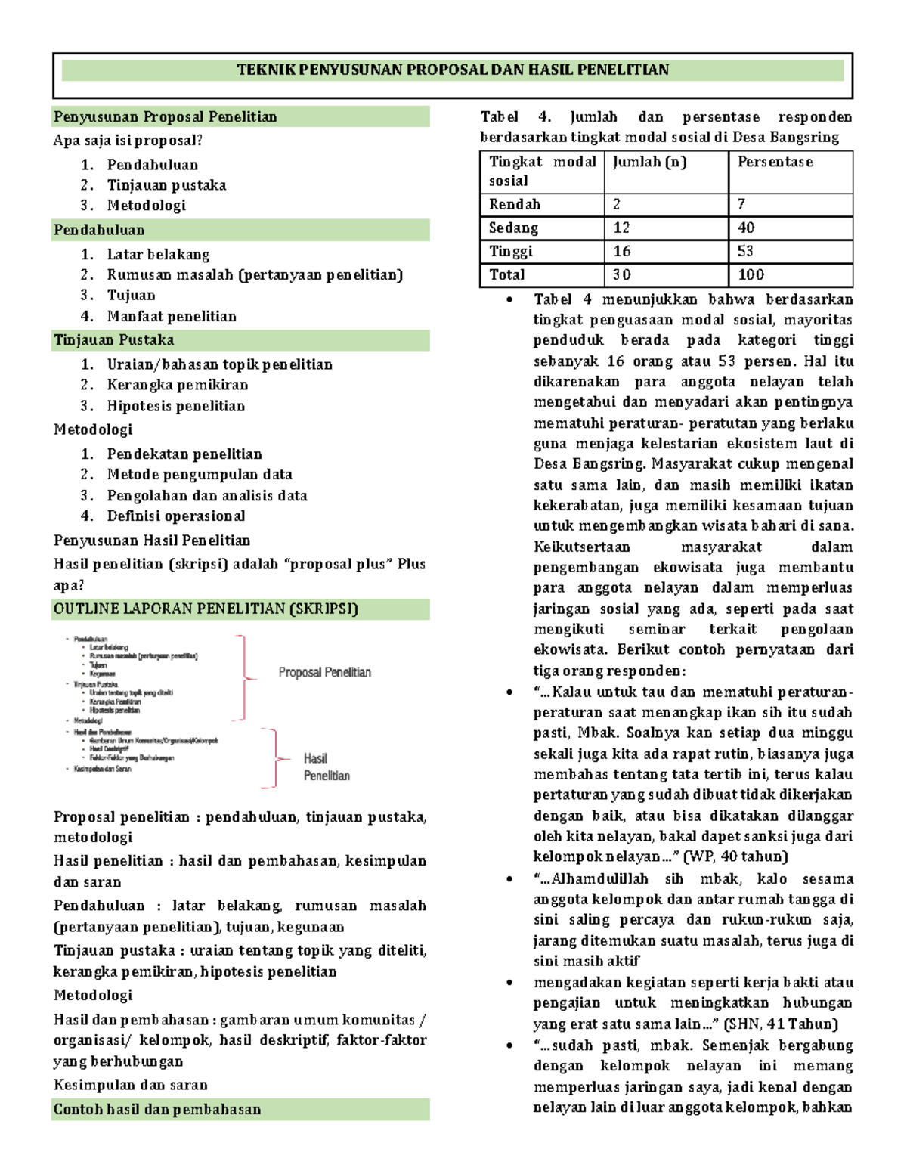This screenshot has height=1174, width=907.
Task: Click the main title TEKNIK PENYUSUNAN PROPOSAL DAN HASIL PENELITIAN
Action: (x=452, y=70)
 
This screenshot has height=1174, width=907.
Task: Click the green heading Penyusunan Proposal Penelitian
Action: (x=165, y=117)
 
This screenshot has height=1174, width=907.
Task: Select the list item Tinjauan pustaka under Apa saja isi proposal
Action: (x=166, y=185)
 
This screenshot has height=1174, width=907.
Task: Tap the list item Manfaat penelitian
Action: (x=171, y=317)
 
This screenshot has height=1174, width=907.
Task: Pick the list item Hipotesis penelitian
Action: (x=175, y=406)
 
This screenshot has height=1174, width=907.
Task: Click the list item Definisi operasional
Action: (x=175, y=516)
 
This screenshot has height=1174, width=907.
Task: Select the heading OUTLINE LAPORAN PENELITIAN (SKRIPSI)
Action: (x=206, y=609)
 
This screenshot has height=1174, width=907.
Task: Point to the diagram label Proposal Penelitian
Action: (x=324, y=672)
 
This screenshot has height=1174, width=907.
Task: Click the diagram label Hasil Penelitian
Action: (x=326, y=767)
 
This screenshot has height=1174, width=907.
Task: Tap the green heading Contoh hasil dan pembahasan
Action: (x=157, y=1110)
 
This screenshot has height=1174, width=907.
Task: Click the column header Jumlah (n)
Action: (x=649, y=162)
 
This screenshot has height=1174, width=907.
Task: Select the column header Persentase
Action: (x=775, y=162)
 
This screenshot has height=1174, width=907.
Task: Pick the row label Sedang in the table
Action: (x=514, y=228)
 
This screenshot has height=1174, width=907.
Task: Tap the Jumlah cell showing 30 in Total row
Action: (x=622, y=275)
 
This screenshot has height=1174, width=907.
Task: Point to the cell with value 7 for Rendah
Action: (x=741, y=205)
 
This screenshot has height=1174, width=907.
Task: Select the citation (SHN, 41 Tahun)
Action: (x=780, y=1025)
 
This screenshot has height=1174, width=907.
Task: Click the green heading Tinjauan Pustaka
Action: (x=113, y=340)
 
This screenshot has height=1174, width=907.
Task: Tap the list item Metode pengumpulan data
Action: (x=200, y=475)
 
